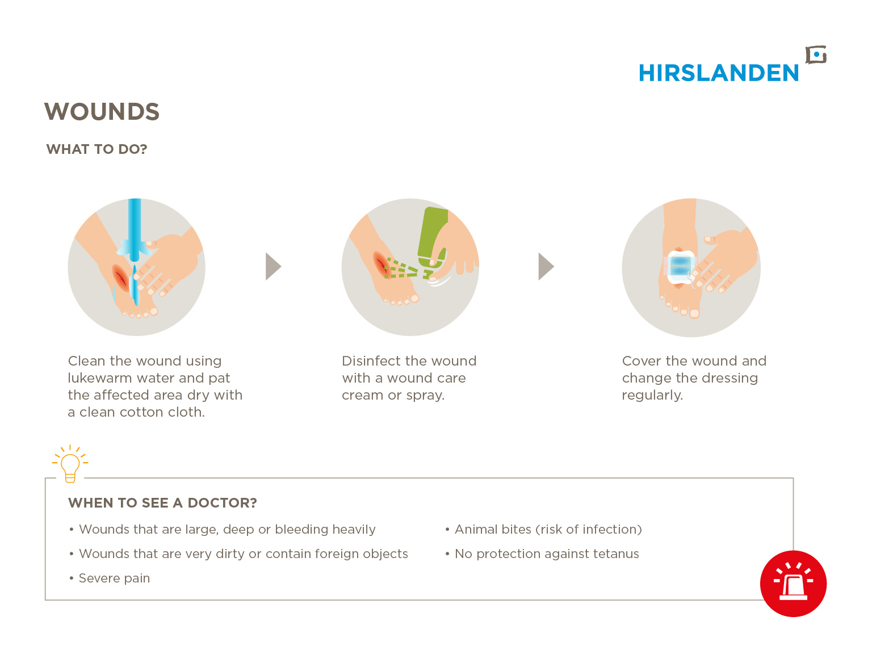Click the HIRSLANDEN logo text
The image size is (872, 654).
718,73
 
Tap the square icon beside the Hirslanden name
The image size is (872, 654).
816,55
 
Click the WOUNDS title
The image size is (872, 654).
102,111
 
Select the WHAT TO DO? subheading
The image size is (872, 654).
97,149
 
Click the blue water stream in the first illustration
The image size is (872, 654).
135,230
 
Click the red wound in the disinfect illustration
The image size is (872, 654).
380,263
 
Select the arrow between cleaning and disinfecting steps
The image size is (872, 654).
273,266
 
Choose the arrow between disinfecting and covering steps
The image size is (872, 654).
546,266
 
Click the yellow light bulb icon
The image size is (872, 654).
70,464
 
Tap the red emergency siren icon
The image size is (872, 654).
793,583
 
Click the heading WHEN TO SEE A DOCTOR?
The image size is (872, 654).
162,503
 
